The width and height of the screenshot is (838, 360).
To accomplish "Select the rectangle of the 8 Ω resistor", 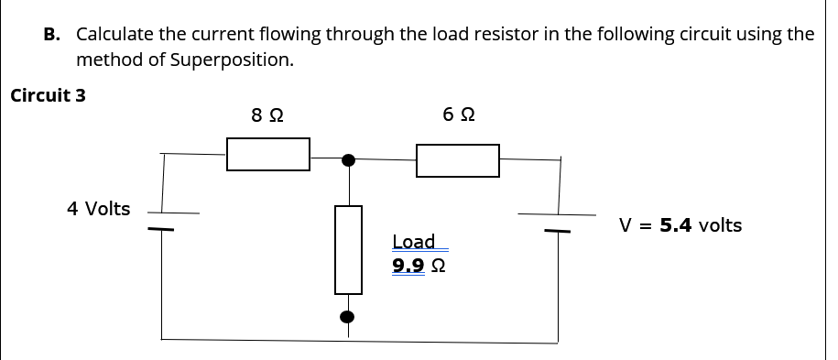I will coord(268,154).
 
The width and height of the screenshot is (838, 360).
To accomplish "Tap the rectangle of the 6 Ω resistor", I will coord(458,160).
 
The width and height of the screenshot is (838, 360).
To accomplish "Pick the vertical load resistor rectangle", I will coord(348,249).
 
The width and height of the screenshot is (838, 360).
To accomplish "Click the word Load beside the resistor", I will coord(414,242).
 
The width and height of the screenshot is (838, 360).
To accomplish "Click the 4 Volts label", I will coord(99,209).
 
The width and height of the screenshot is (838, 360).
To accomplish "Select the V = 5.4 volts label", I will coord(680,225).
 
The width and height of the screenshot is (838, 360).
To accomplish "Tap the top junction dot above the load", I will coord(348,160).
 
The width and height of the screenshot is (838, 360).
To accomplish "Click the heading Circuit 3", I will coord(48,95).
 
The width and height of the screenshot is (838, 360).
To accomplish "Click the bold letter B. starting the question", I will coord(53,35).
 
